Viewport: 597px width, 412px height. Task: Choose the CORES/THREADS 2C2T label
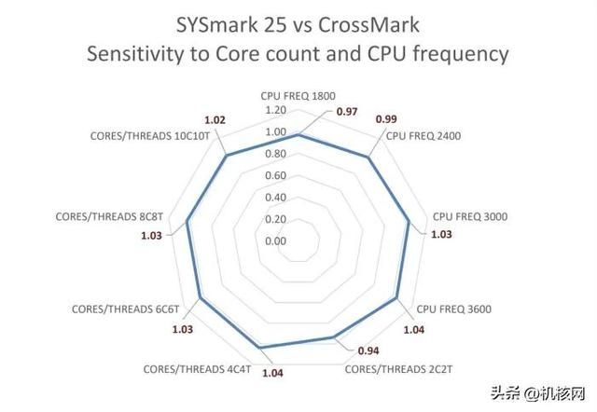[x=397, y=368]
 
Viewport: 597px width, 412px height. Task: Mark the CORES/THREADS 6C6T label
[x=124, y=309]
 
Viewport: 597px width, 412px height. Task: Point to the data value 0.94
[x=368, y=351]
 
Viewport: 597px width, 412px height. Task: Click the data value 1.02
[x=214, y=119]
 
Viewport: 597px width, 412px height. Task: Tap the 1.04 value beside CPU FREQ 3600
[x=412, y=328]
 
